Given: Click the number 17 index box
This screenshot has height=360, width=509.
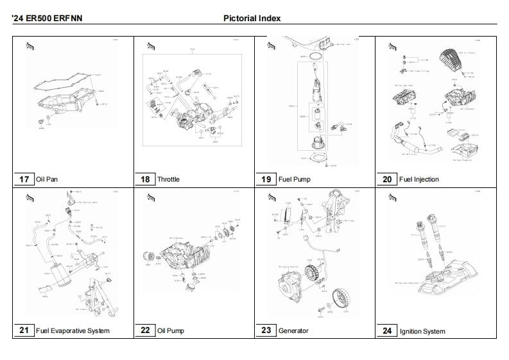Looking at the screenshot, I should [x=24, y=179].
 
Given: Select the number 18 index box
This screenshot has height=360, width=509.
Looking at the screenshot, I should [x=145, y=179].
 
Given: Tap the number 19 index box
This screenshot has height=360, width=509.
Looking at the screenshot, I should [x=266, y=179].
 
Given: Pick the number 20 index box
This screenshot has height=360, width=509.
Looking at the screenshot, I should [x=387, y=179].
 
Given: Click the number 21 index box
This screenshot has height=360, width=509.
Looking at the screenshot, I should [x=24, y=330].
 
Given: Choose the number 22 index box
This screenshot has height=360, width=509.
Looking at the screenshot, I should [x=145, y=330].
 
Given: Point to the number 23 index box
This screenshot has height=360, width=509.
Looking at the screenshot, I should [x=266, y=330].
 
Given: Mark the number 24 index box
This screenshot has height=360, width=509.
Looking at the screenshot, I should [x=387, y=331].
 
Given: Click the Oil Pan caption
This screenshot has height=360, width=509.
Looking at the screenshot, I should [x=47, y=180].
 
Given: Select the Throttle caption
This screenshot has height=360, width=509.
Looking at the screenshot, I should [x=168, y=180].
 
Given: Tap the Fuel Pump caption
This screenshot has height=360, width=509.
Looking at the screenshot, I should [x=294, y=180].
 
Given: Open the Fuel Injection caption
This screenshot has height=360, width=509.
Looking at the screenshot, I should [x=418, y=180].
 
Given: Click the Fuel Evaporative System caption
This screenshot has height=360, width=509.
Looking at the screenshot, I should [x=73, y=331].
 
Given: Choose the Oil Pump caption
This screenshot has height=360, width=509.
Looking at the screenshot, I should [x=170, y=331].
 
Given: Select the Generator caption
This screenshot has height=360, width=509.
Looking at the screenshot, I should [x=293, y=331].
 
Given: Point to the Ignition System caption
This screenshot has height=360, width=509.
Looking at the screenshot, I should [x=422, y=332].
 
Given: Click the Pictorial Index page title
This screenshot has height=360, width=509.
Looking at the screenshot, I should [x=252, y=19].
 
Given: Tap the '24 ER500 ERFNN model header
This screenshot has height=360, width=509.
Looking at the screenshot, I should [x=46, y=19].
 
